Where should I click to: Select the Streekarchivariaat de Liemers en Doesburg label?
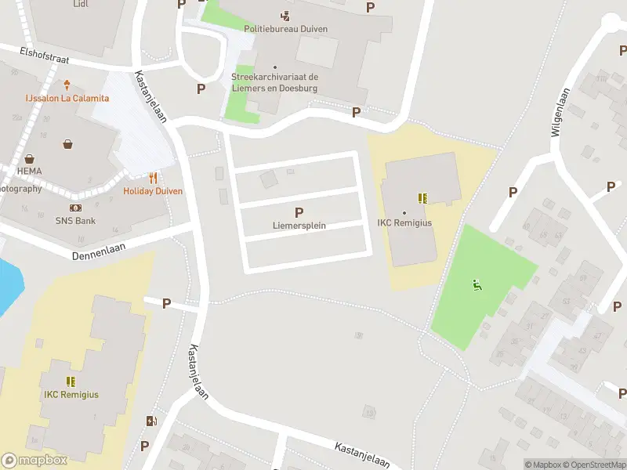[274, 82]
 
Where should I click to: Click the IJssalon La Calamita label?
[67, 98]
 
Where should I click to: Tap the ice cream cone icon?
[67, 85]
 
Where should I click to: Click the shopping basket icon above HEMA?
[68, 144]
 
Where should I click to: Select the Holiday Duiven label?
[153, 191]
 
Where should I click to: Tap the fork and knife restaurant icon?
[153, 178]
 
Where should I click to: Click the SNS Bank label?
[75, 221]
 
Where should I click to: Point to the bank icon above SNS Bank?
[75, 208]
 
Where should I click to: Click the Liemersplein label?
[299, 226]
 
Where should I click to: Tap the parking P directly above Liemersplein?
[299, 212]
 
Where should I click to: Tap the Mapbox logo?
[34, 461]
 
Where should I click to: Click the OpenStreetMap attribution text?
[593, 465]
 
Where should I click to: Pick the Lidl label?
[80, 4]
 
